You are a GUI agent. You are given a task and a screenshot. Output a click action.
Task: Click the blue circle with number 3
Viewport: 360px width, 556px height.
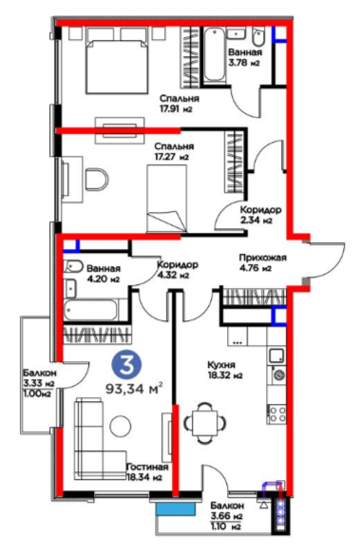point(127,366)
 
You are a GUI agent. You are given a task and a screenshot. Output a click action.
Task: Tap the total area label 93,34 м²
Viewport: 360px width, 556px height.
point(135,389)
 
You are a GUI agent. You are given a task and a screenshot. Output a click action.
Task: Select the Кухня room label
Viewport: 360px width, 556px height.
point(224,370)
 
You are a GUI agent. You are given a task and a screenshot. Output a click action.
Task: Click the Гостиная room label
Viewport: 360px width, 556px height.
point(145,471)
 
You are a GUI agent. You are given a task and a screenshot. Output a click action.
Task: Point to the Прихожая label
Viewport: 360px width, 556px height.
point(262,262)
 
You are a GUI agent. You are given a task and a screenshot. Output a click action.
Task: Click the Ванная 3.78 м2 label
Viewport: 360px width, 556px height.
point(245,57)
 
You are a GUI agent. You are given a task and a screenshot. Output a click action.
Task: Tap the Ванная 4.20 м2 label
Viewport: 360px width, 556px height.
point(104,274)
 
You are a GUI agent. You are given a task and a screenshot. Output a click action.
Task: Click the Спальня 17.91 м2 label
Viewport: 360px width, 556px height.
point(179,104)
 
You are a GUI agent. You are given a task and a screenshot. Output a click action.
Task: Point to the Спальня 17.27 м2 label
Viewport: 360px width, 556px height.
point(174,151)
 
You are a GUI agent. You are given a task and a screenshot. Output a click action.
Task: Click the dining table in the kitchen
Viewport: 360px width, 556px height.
point(205,423)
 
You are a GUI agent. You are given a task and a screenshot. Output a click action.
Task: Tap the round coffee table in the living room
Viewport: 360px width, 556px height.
point(121,426)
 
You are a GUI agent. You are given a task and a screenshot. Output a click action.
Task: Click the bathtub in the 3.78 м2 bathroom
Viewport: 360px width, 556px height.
point(214,55)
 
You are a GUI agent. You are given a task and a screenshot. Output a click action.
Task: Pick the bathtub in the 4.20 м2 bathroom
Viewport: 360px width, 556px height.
point(91,309)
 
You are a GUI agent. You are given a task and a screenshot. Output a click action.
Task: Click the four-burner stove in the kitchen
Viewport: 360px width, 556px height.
point(276,414)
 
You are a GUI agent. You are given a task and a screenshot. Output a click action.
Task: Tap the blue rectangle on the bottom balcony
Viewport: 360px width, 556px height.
point(176,509)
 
